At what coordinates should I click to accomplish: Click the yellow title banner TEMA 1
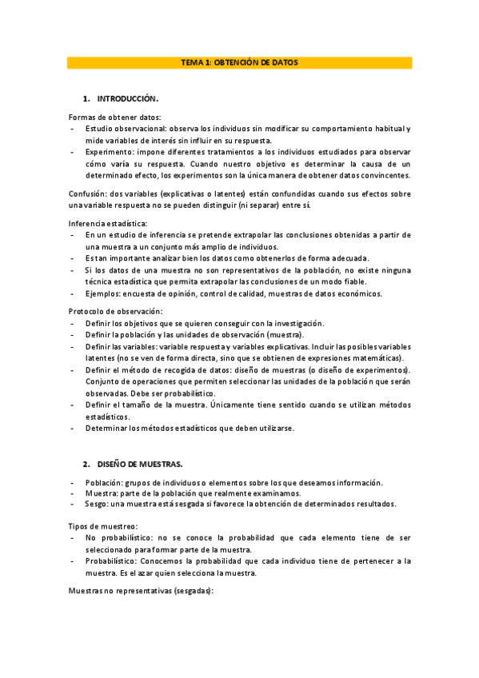(x=239, y=62)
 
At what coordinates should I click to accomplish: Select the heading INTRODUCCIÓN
(x=128, y=99)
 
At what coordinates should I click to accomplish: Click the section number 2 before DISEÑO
(x=86, y=464)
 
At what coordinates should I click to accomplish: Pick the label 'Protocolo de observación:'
(x=116, y=311)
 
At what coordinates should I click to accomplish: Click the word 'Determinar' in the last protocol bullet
(x=107, y=428)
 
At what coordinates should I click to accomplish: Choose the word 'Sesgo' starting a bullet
(x=98, y=504)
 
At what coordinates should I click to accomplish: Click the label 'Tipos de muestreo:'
(x=102, y=526)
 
